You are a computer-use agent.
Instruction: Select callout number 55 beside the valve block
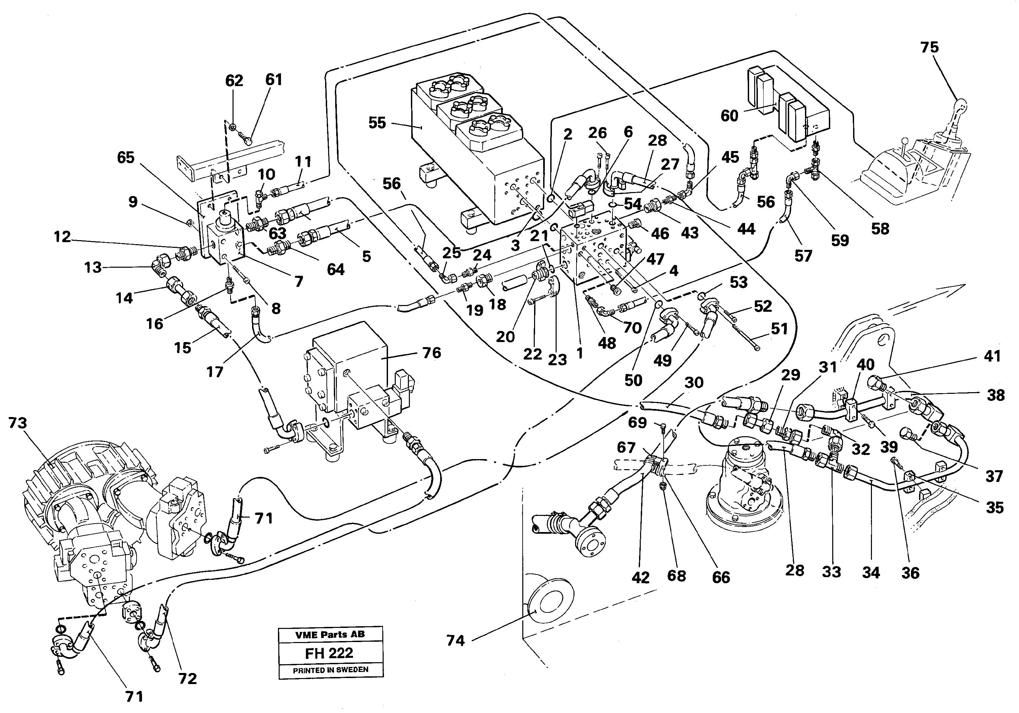pyautogui.click(x=377, y=123)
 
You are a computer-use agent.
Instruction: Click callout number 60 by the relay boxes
pyautogui.click(x=729, y=116)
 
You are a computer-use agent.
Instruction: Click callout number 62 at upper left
pyautogui.click(x=234, y=81)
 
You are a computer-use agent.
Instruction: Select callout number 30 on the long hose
pyautogui.click(x=694, y=383)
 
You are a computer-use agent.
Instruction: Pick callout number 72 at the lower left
pyautogui.click(x=187, y=679)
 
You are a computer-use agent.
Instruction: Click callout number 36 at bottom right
pyautogui.click(x=910, y=573)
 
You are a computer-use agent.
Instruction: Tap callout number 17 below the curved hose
pyautogui.click(x=214, y=372)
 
